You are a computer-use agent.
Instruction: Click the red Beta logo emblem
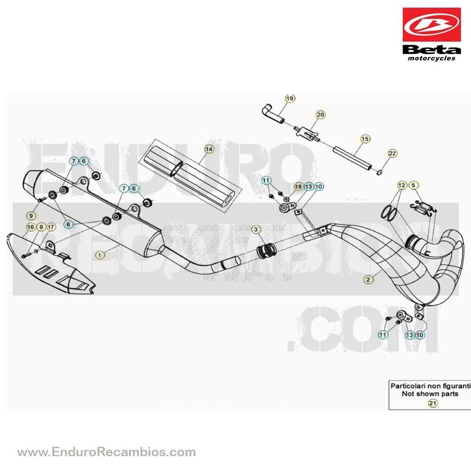[432, 25]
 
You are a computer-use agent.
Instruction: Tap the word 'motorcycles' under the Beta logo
[432, 58]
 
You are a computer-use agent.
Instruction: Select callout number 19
[290, 98]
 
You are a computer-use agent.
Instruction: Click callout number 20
[320, 115]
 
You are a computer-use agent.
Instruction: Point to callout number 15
[365, 139]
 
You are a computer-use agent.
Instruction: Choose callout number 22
[393, 154]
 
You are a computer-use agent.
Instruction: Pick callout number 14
[209, 149]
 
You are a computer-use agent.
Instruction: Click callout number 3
[256, 230]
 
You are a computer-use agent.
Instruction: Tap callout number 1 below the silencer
[99, 256]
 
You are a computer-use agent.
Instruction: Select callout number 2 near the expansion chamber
[369, 280]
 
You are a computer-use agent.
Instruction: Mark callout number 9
[31, 215]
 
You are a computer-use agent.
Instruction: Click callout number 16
[31, 227]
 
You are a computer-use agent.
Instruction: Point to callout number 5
[414, 185]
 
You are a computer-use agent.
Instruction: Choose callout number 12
[402, 185]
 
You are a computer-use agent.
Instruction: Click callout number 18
[298, 187]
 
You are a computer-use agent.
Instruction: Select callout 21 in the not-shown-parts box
[433, 403]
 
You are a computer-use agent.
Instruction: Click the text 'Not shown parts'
[430, 394]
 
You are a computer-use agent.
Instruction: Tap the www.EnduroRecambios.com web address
[107, 452]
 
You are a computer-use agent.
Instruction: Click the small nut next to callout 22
[379, 173]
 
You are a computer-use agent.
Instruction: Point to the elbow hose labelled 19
[272, 113]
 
